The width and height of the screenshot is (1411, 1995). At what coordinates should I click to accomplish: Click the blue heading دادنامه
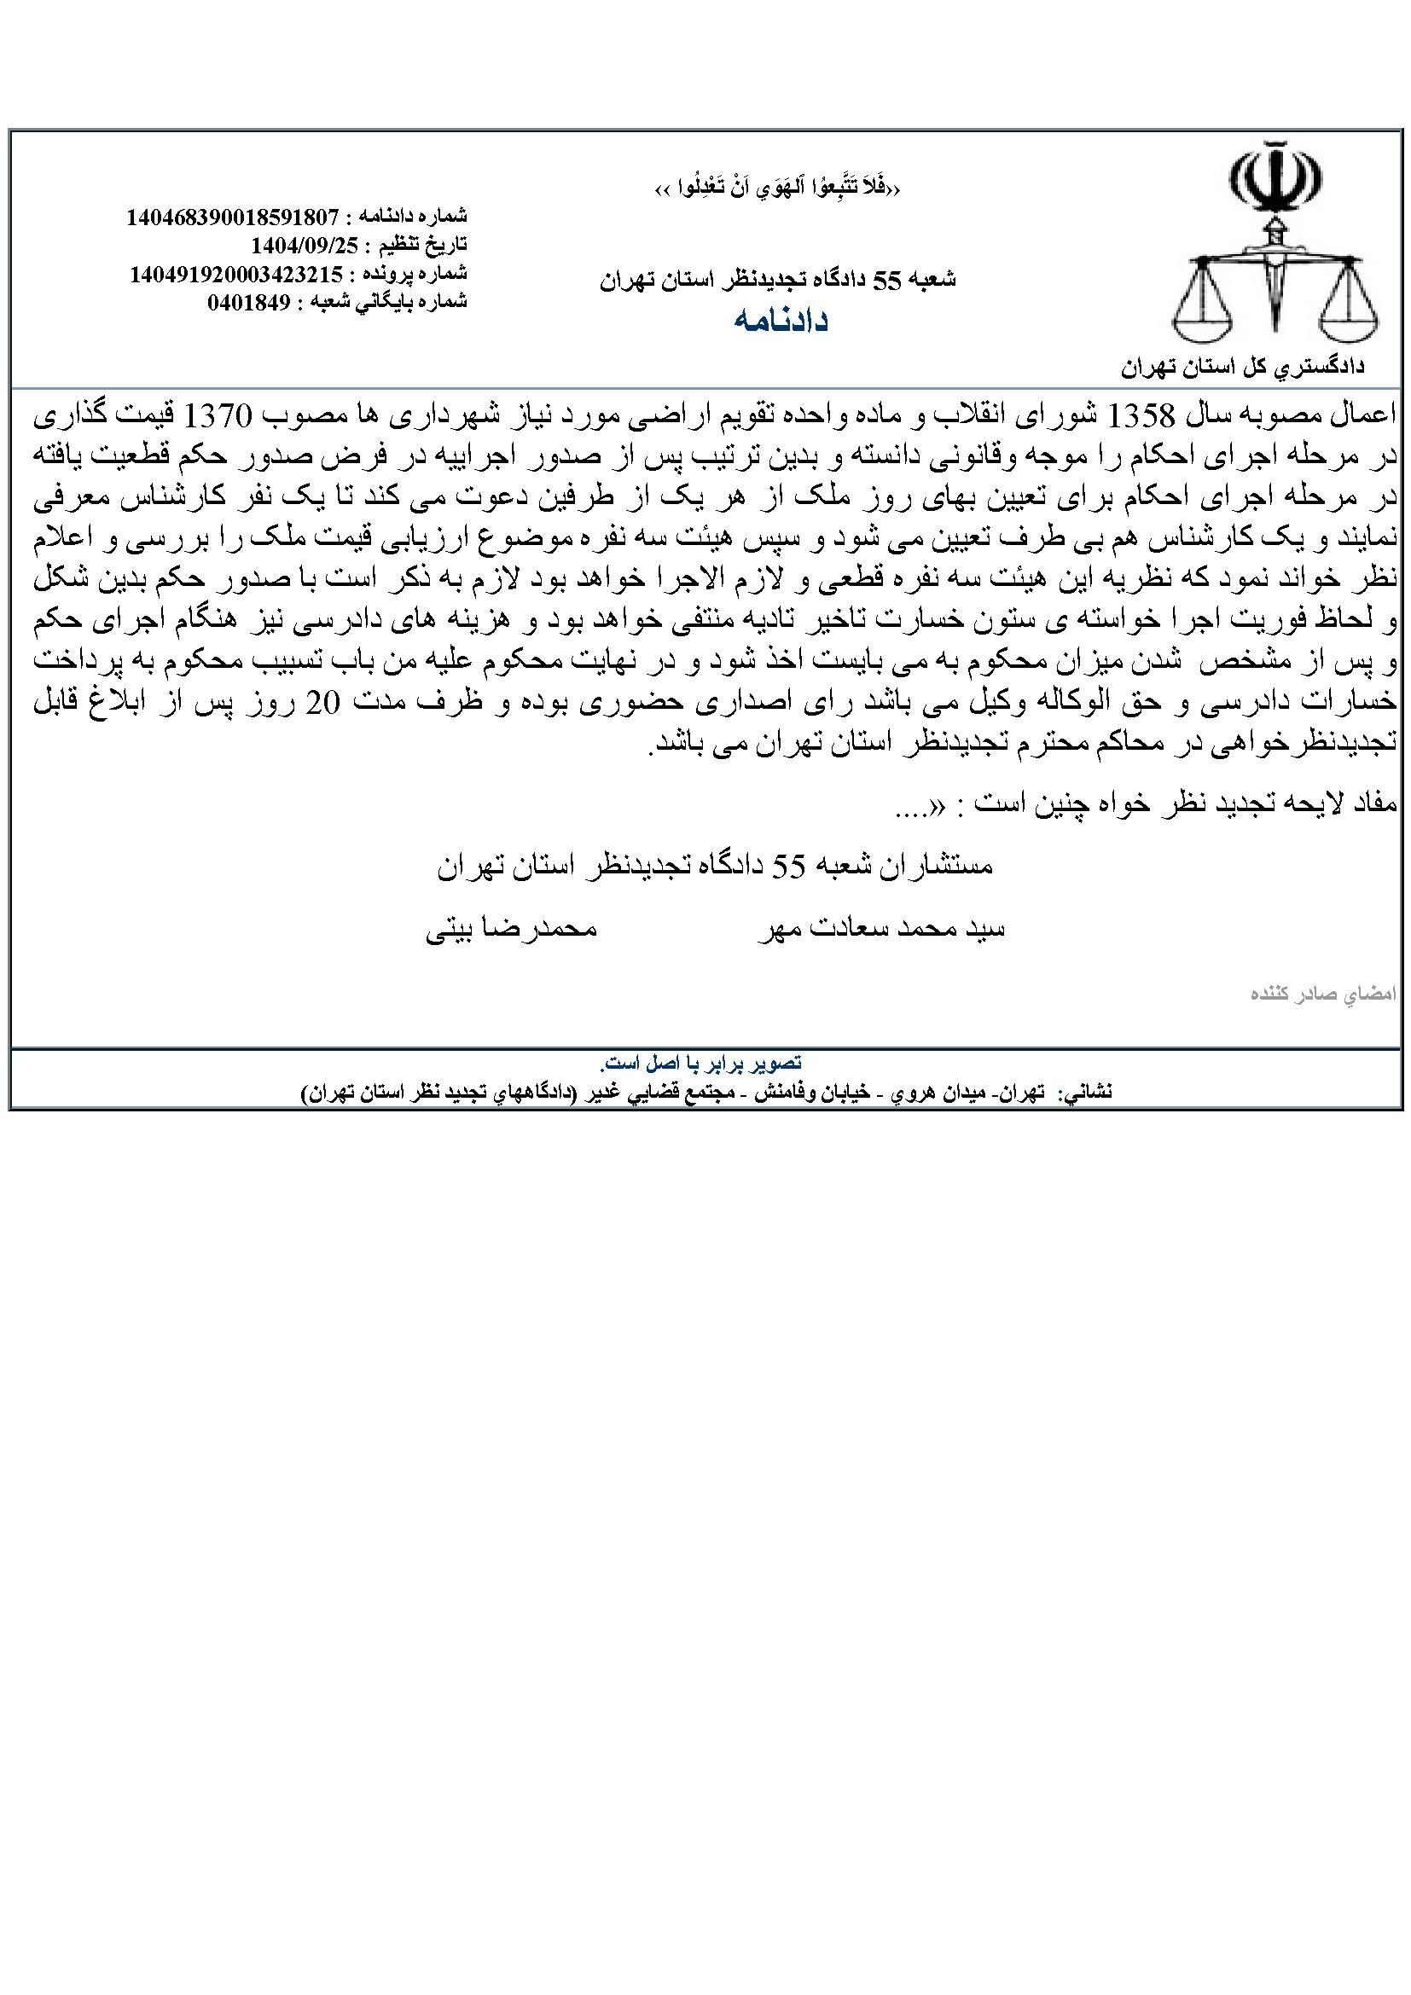(x=781, y=321)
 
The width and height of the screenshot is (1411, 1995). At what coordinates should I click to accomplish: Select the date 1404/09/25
(x=304, y=244)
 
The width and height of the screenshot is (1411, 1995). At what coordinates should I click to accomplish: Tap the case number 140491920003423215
(x=235, y=274)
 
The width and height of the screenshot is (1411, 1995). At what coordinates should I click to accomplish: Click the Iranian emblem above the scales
(x=1275, y=180)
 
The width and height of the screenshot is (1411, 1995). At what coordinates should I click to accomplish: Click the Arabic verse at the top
(x=775, y=188)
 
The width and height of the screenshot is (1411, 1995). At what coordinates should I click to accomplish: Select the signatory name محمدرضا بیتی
(x=511, y=929)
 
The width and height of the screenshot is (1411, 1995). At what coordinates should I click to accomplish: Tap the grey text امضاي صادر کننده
(x=1320, y=994)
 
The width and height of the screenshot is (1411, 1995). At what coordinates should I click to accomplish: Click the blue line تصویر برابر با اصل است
(x=700, y=1064)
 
